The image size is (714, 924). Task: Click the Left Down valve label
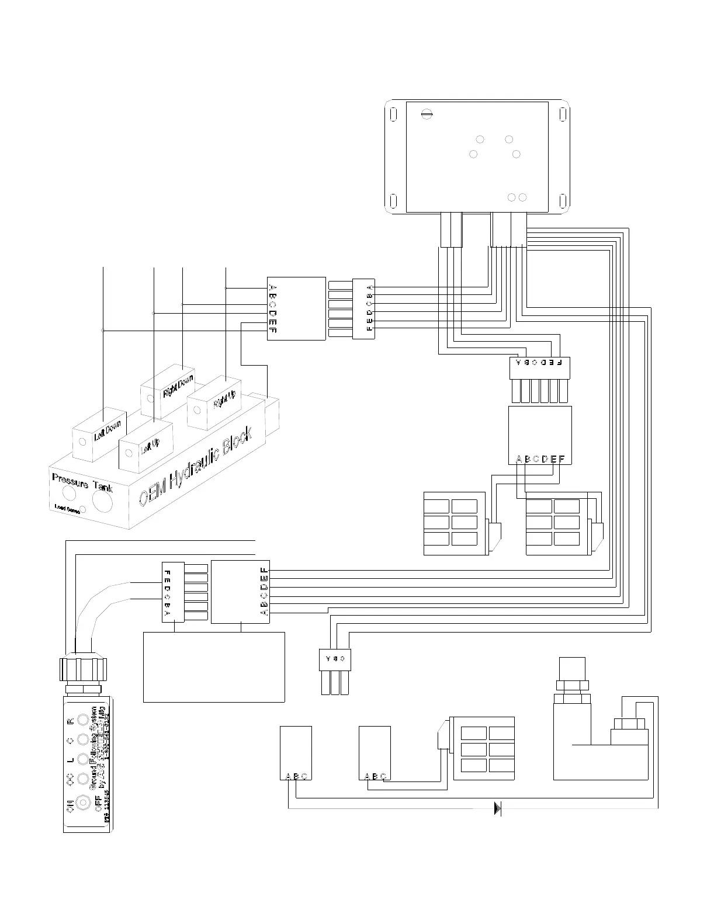click(x=108, y=431)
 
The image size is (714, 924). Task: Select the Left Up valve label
click(x=150, y=447)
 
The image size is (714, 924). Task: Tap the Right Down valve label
click(x=178, y=386)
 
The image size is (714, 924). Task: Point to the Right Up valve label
click(x=224, y=400)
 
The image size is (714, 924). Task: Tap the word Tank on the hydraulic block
click(x=102, y=487)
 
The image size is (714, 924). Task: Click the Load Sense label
click(x=67, y=509)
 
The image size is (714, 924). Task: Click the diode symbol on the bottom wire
click(x=498, y=808)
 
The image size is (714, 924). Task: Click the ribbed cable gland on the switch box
click(x=84, y=668)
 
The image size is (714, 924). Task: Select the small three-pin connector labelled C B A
click(x=335, y=659)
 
